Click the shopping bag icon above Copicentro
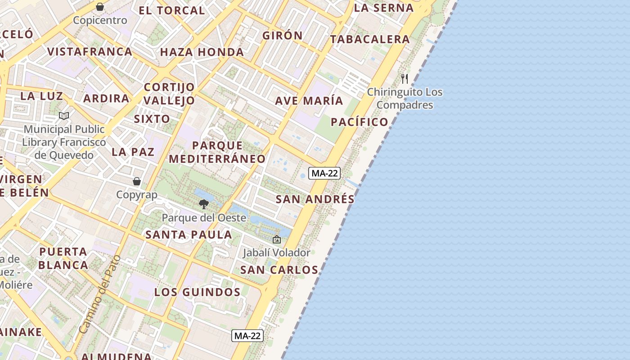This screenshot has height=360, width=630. pyautogui.click(x=100, y=7)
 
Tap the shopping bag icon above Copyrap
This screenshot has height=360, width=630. pyautogui.click(x=137, y=181)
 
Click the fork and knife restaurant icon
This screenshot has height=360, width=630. pyautogui.click(x=405, y=79)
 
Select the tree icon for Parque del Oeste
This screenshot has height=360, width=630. pyautogui.click(x=204, y=204)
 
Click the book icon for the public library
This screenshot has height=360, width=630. pyautogui.click(x=64, y=116)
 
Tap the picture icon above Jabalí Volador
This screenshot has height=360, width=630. pyautogui.click(x=277, y=239)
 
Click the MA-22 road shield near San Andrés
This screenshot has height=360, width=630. pyautogui.click(x=324, y=173)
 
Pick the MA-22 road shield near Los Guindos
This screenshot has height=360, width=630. pyautogui.click(x=247, y=335)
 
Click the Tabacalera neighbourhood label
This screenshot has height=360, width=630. pyautogui.click(x=370, y=40)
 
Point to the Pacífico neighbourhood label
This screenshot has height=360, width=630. pyautogui.click(x=359, y=122)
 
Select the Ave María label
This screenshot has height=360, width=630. pyautogui.click(x=309, y=101)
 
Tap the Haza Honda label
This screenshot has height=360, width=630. pyautogui.click(x=202, y=52)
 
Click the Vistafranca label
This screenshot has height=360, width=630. pyautogui.click(x=90, y=52)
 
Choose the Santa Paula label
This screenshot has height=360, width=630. pyautogui.click(x=189, y=234)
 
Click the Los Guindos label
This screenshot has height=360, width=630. pyautogui.click(x=198, y=292)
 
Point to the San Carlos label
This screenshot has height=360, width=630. pyautogui.click(x=279, y=270)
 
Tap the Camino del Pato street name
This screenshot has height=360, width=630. pyautogui.click(x=99, y=295)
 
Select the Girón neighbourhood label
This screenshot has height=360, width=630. pyautogui.click(x=283, y=36)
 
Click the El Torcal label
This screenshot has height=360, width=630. pyautogui.click(x=171, y=11)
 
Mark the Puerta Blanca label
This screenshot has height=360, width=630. pyautogui.click(x=63, y=258)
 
